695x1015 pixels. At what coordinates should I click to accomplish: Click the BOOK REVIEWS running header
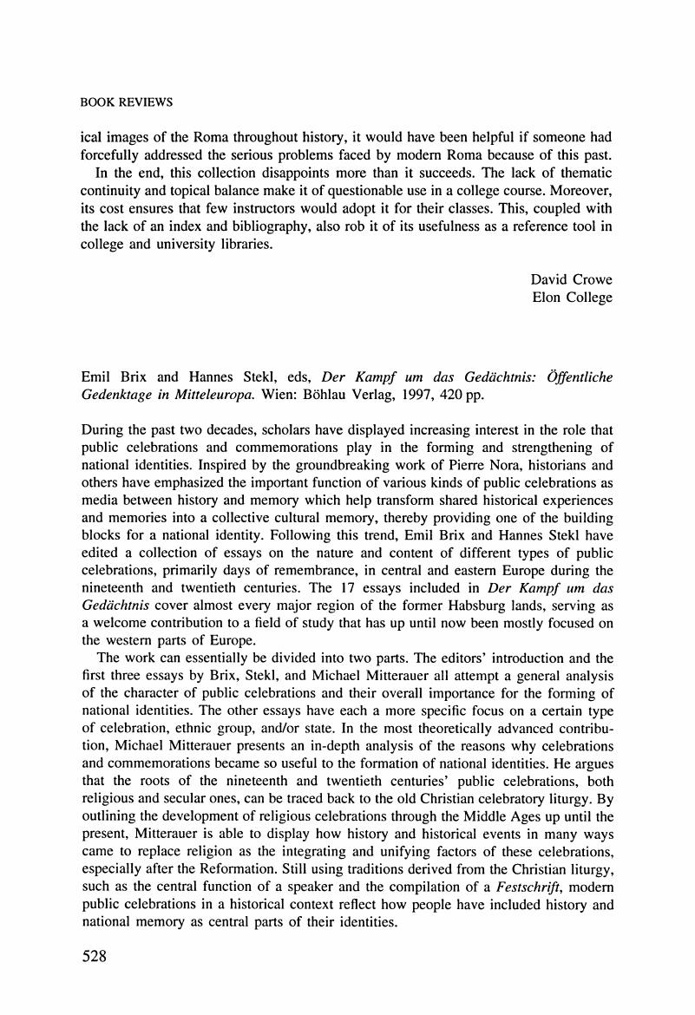[126, 102]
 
